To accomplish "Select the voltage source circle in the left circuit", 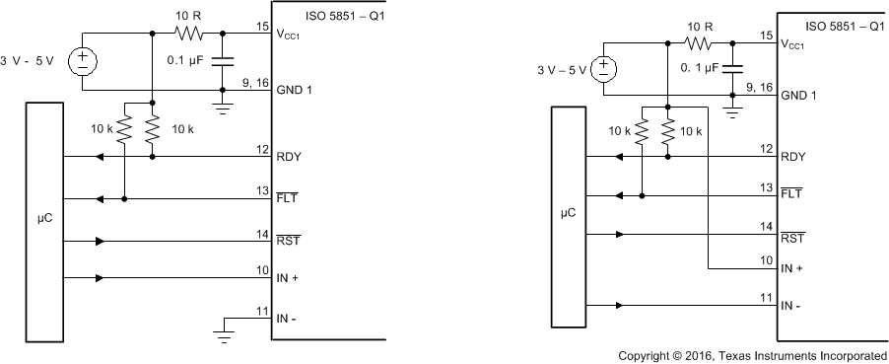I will click(x=82, y=62).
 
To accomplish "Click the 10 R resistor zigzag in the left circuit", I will click(x=188, y=33).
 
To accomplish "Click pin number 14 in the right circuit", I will click(x=766, y=226).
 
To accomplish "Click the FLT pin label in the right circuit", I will click(x=791, y=195).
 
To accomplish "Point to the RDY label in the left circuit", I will click(x=290, y=156).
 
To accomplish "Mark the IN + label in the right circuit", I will click(x=793, y=268).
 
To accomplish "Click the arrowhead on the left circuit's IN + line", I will click(x=100, y=279).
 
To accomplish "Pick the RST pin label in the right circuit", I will click(x=791, y=238).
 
